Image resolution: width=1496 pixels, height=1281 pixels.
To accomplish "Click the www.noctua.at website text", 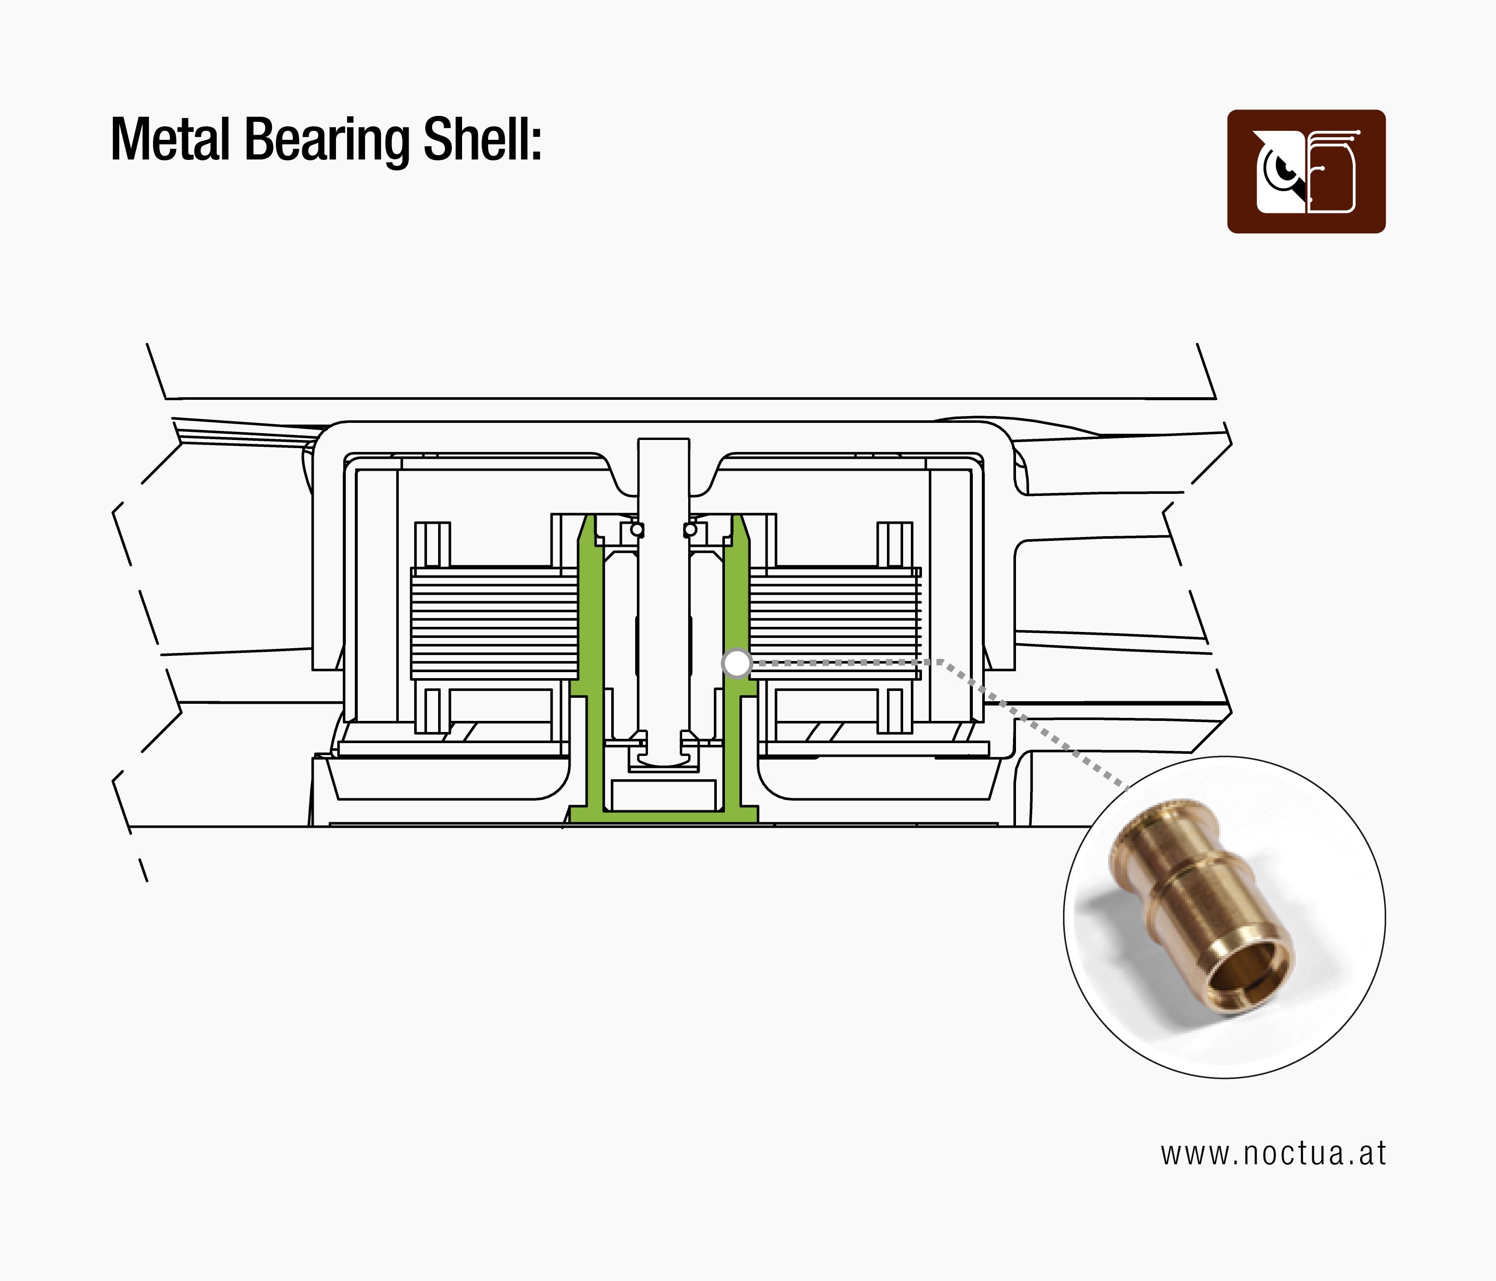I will [x=1273, y=1154].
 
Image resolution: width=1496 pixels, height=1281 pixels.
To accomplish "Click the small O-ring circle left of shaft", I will [x=637, y=530].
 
